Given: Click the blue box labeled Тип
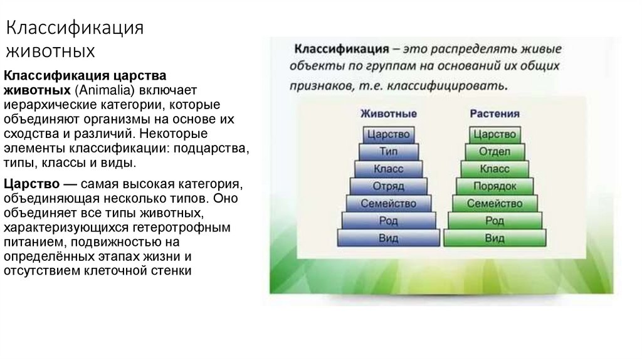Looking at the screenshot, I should click(389, 152).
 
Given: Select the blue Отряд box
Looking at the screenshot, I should click(389, 186).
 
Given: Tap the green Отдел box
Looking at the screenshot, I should click(495, 152).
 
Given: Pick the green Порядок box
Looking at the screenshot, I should click(495, 186).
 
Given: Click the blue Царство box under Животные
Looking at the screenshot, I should click(389, 134).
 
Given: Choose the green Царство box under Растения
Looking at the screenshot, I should click(495, 134).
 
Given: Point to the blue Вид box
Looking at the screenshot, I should click(389, 238).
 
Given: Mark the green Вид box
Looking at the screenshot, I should click(495, 238).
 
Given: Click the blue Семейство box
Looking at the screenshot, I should click(389, 204).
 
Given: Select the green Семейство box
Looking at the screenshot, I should click(495, 204).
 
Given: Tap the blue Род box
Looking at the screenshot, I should click(389, 221).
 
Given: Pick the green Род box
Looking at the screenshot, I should click(495, 221).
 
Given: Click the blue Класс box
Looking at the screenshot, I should click(389, 169).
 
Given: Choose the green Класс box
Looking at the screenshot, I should click(495, 169).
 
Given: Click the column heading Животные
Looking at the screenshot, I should click(389, 114).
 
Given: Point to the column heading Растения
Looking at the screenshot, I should click(495, 114).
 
